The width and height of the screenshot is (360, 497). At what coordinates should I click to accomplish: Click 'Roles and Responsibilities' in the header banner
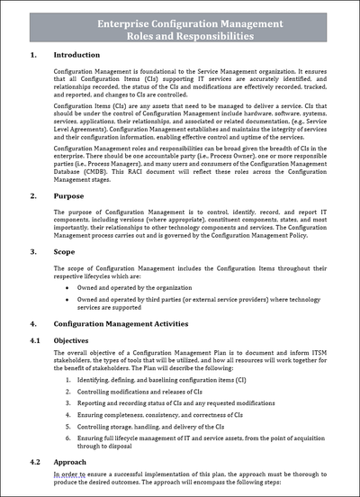tap(180, 38)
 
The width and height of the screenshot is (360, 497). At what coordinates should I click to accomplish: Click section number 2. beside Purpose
tap(34, 194)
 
